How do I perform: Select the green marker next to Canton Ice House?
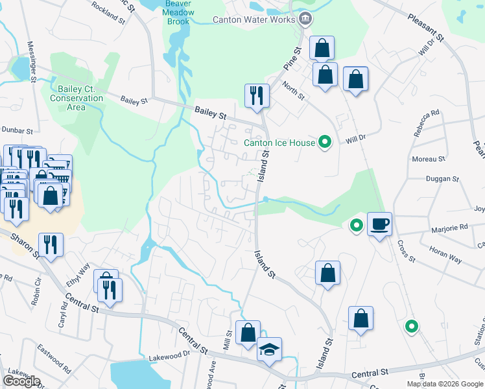click(x=325, y=142)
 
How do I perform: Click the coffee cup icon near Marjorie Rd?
click(x=379, y=224)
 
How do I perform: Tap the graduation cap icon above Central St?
click(x=269, y=350)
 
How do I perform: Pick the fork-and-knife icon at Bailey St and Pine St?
click(x=257, y=96)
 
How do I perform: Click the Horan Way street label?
click(x=446, y=255)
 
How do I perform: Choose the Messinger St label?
click(x=30, y=62)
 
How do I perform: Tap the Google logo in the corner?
click(x=21, y=381)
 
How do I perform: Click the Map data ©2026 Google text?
click(x=445, y=384)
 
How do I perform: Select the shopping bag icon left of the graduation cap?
click(x=248, y=333)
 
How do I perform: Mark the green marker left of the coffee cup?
click(x=355, y=226)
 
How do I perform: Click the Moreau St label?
click(x=429, y=158)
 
